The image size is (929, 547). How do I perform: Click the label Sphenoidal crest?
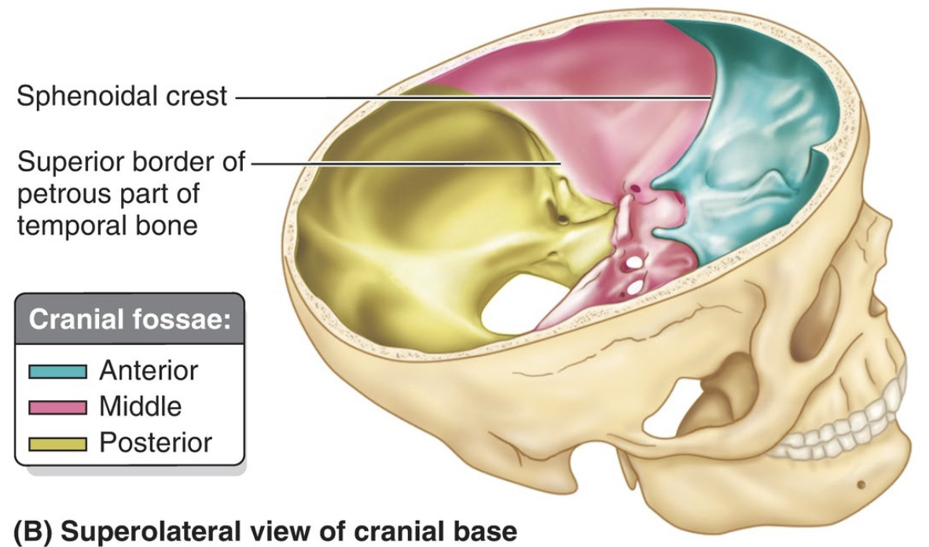pyautogui.click(x=122, y=97)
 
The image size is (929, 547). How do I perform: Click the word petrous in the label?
pyautogui.click(x=59, y=193)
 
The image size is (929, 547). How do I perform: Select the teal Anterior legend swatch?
pyautogui.click(x=57, y=371)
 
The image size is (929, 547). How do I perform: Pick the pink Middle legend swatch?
pyautogui.click(x=57, y=407)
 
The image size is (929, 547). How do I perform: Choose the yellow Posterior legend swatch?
pyautogui.click(x=57, y=444)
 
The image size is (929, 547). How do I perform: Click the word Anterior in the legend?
pyautogui.click(x=149, y=370)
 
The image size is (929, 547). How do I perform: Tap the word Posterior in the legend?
pyautogui.click(x=156, y=443)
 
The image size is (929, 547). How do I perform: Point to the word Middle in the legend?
pyautogui.click(x=140, y=406)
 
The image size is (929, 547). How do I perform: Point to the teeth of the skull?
pyautogui.click(x=841, y=428)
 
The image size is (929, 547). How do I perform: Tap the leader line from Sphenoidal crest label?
pyautogui.click(x=472, y=97)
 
